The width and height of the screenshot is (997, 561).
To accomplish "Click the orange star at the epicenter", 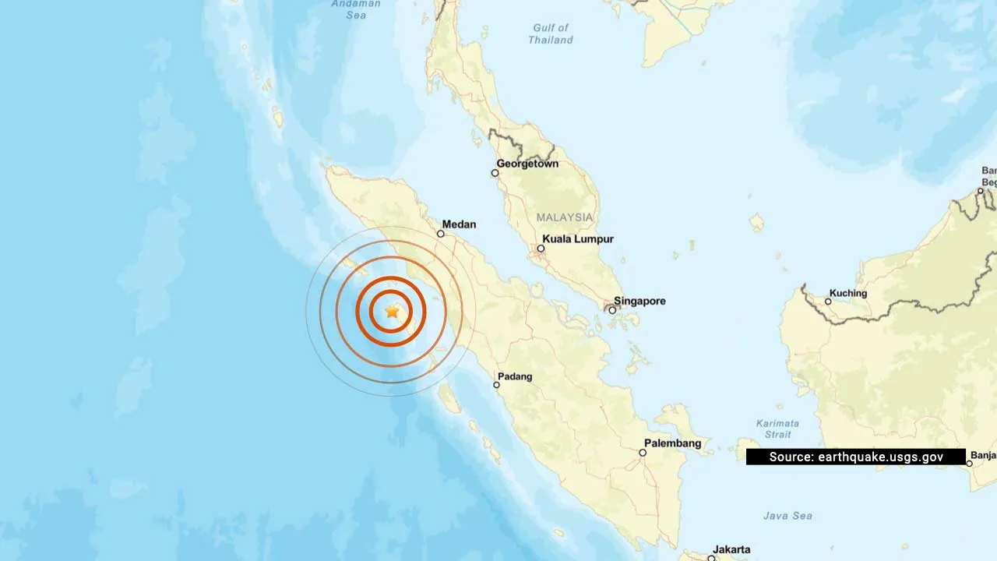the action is click(x=392, y=312).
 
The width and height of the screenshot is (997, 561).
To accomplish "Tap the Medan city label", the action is click(x=459, y=224).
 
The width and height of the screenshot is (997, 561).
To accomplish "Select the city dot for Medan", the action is click(x=440, y=234).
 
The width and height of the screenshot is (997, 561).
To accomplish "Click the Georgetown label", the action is click(x=527, y=164).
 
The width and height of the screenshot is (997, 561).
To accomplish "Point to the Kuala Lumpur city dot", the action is click(x=541, y=249).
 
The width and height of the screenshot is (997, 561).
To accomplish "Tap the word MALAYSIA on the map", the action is click(x=564, y=217).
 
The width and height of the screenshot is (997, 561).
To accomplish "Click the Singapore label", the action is click(x=639, y=301).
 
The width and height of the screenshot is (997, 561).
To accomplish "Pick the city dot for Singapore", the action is click(x=612, y=310).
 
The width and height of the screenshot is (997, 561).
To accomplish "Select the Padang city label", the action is click(x=515, y=376).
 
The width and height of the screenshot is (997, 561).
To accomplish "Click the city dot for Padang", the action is click(x=496, y=385).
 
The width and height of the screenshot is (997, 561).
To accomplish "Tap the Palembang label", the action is click(x=672, y=443).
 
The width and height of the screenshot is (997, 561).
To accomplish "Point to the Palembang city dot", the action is click(x=643, y=453).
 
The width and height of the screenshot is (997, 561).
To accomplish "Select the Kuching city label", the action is click(x=848, y=293).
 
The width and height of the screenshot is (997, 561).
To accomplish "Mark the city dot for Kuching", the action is click(x=829, y=302).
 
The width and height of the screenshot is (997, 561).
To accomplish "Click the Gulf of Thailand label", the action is click(x=551, y=34).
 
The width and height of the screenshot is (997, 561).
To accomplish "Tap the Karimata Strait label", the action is click(x=777, y=429).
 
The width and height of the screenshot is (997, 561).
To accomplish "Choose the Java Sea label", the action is click(x=787, y=516).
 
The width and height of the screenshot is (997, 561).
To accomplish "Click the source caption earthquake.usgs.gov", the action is click(x=855, y=457).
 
